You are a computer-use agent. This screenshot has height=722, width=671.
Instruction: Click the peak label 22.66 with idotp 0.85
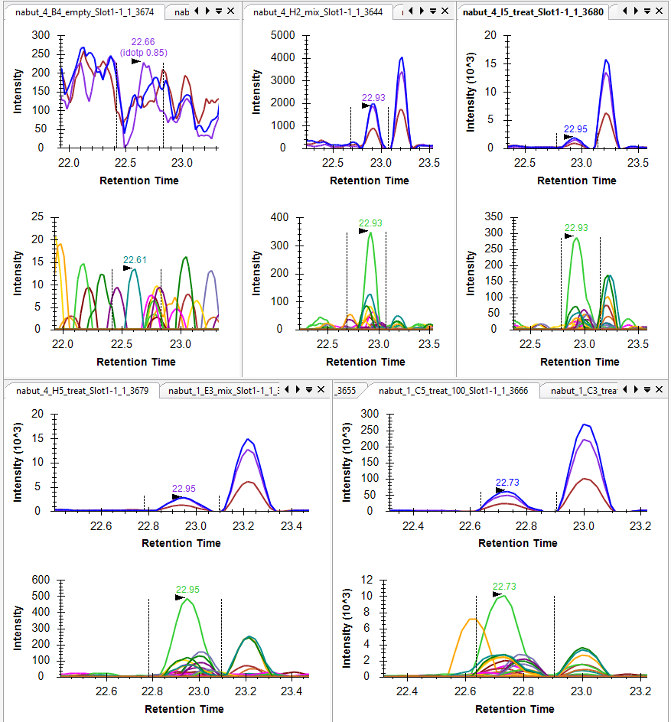(x=143, y=47)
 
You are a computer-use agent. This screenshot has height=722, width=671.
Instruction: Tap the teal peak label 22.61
(x=135, y=260)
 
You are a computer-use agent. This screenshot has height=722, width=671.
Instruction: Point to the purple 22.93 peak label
(x=373, y=98)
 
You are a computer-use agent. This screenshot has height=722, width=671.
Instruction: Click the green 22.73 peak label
(x=504, y=587)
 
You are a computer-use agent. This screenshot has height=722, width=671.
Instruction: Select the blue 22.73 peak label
(x=507, y=483)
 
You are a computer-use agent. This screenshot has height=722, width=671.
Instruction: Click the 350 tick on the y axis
(x=497, y=218)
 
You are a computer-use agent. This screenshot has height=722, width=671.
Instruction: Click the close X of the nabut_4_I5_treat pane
(x=660, y=11)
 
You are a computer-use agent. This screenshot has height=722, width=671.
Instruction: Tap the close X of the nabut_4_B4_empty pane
(x=230, y=11)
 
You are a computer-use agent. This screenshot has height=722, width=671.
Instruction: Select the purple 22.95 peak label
(x=184, y=489)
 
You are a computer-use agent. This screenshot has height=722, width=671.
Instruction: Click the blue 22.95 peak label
(x=575, y=129)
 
